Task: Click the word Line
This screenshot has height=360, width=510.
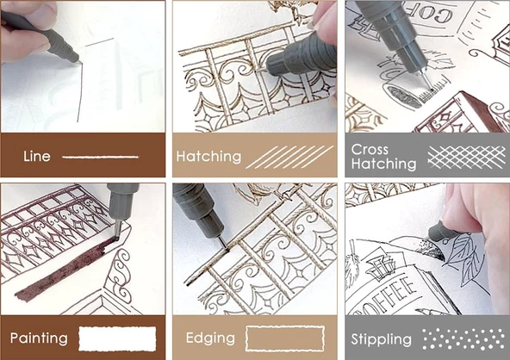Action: pos(38,157)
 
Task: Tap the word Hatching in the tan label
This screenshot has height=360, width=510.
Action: pos(208,157)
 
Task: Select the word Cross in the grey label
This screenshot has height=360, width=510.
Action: pos(370,149)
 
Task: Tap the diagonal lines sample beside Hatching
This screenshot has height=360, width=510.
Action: pos(290,156)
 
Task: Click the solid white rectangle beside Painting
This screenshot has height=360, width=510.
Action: pos(116,337)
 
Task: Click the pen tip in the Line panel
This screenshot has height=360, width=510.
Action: pos(78,62)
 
